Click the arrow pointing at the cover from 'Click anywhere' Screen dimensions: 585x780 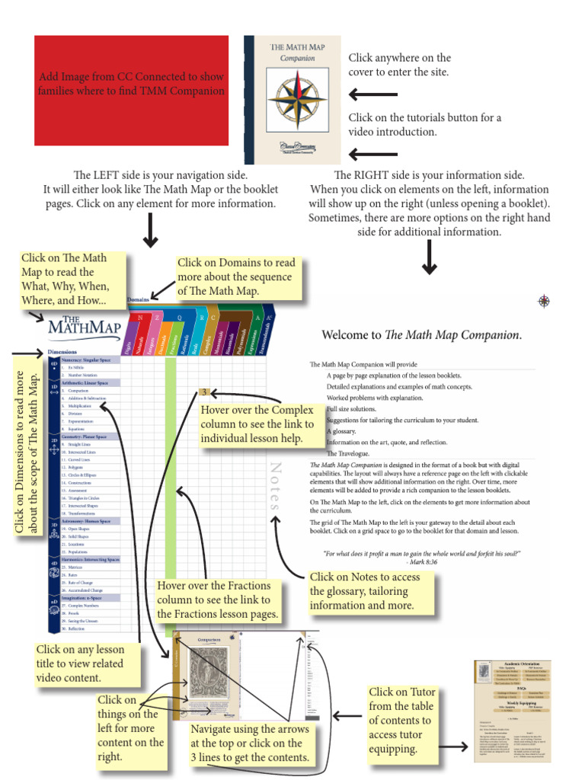point(373,94)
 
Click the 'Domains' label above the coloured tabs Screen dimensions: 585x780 point(138,300)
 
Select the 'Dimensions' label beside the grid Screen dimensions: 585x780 point(62,353)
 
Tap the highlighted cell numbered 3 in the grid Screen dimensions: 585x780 point(204,392)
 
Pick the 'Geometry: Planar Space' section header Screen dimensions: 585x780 point(85,436)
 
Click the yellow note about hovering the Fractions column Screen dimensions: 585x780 point(217,599)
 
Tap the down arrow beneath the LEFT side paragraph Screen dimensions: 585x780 point(150,231)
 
